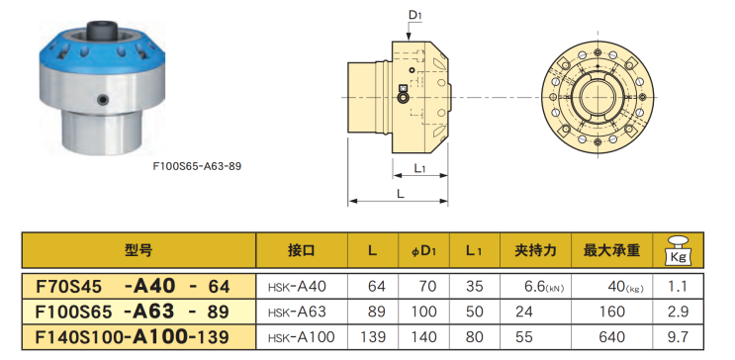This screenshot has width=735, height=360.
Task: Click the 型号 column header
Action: click(138, 251)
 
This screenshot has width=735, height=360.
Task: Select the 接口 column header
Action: click(302, 251)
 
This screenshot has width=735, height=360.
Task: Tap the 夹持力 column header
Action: click(536, 251)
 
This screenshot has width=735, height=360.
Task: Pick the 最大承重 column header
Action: click(611, 251)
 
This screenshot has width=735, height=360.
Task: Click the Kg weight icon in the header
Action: click(678, 250)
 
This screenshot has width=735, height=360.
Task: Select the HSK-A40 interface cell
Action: click(297, 287)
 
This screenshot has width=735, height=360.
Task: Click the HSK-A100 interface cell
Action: click(302, 336)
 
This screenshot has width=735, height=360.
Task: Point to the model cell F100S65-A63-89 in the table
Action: click(133, 312)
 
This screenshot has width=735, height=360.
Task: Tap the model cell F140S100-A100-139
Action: click(133, 336)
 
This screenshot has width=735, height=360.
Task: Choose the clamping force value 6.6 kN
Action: click(544, 287)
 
